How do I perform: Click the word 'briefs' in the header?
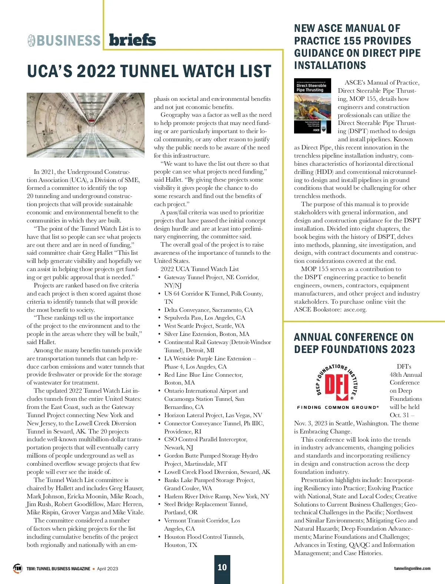click(132, 40)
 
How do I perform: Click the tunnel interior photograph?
click(86, 125)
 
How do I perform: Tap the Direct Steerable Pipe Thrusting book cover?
click(312, 106)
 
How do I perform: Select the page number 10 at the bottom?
click(222, 567)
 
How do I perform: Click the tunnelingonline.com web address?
click(412, 568)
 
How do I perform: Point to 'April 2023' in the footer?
click(107, 568)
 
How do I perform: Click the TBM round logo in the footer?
click(17, 568)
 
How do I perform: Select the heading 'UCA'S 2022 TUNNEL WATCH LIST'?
click(149, 71)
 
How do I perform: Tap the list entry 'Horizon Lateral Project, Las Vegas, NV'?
click(213, 415)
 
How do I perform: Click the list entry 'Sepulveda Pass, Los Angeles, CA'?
click(205, 317)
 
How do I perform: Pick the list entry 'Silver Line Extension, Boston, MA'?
click(207, 334)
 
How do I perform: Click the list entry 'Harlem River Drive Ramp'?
click(217, 496)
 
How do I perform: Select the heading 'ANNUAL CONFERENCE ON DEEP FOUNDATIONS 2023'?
click(354, 343)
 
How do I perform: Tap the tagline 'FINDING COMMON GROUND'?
click(337, 407)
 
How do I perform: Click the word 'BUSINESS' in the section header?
click(69, 40)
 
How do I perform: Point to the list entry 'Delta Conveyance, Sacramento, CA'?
click(208, 310)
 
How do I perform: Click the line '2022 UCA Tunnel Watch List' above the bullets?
click(200, 269)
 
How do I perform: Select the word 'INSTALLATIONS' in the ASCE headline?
click(330, 65)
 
